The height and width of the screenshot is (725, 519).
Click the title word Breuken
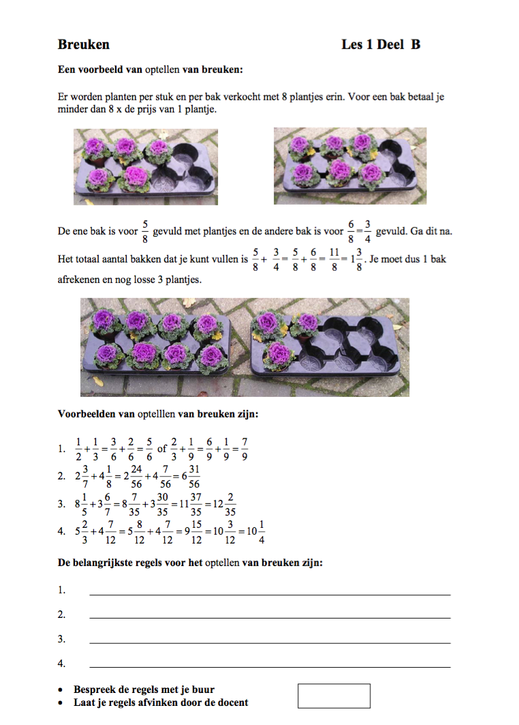[84, 45]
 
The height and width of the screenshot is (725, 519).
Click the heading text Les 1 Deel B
[381, 45]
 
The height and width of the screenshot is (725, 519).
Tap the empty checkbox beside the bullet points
[334, 696]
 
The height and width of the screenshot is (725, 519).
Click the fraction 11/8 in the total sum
[334, 259]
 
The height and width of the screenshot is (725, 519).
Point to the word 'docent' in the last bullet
[232, 702]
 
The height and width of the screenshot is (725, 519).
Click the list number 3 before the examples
[62, 505]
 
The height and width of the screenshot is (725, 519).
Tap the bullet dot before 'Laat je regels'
[62, 702]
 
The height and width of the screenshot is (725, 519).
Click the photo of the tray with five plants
[146, 166]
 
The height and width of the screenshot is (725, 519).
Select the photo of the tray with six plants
[350, 166]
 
